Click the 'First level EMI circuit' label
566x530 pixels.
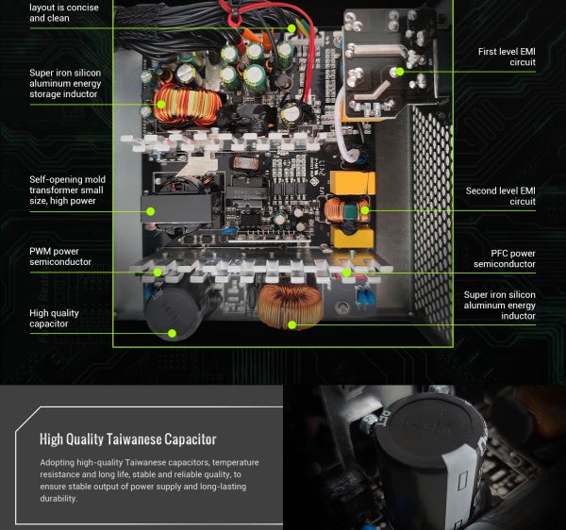pos(507,57)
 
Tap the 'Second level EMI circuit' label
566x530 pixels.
pos(500,196)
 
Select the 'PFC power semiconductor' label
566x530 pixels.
pos(505,258)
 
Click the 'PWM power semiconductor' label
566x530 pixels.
pos(60,257)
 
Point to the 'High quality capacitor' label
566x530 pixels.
pos(54,318)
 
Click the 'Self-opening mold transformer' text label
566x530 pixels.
pos(68,190)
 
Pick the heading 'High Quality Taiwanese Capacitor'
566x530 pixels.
pos(127,439)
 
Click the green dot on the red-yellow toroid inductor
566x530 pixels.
pos(161,105)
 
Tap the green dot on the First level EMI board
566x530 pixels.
pos(399,72)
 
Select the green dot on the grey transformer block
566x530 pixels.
pos(151,211)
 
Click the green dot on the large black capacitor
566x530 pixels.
pos(173,333)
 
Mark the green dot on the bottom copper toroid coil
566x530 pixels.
pos(292,325)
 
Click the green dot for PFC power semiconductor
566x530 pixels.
pos(346,273)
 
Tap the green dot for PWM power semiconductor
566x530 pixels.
pos(158,273)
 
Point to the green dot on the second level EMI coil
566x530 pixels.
pos(365,210)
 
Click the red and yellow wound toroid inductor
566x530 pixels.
pos(188,105)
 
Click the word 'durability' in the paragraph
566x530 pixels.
pos(58,499)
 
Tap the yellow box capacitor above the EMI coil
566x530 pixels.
pos(353,183)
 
